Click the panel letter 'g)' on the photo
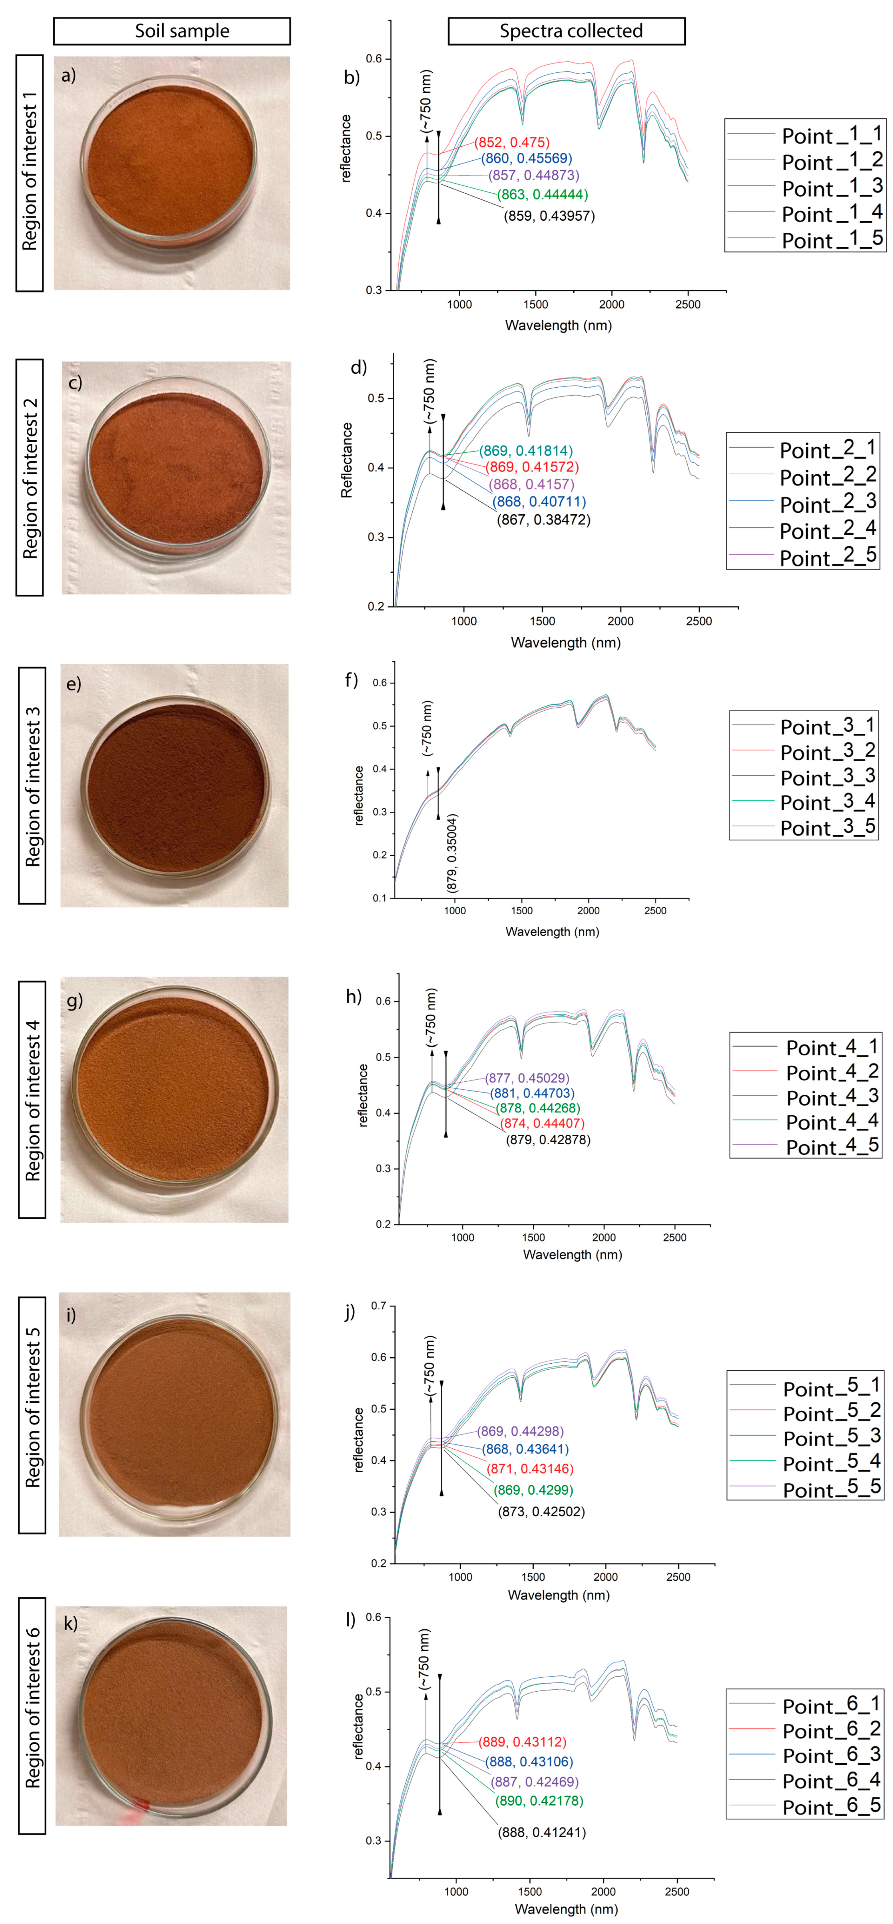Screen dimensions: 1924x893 pyautogui.click(x=75, y=1000)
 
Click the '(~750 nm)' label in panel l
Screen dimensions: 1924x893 pyautogui.click(x=424, y=1659)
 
